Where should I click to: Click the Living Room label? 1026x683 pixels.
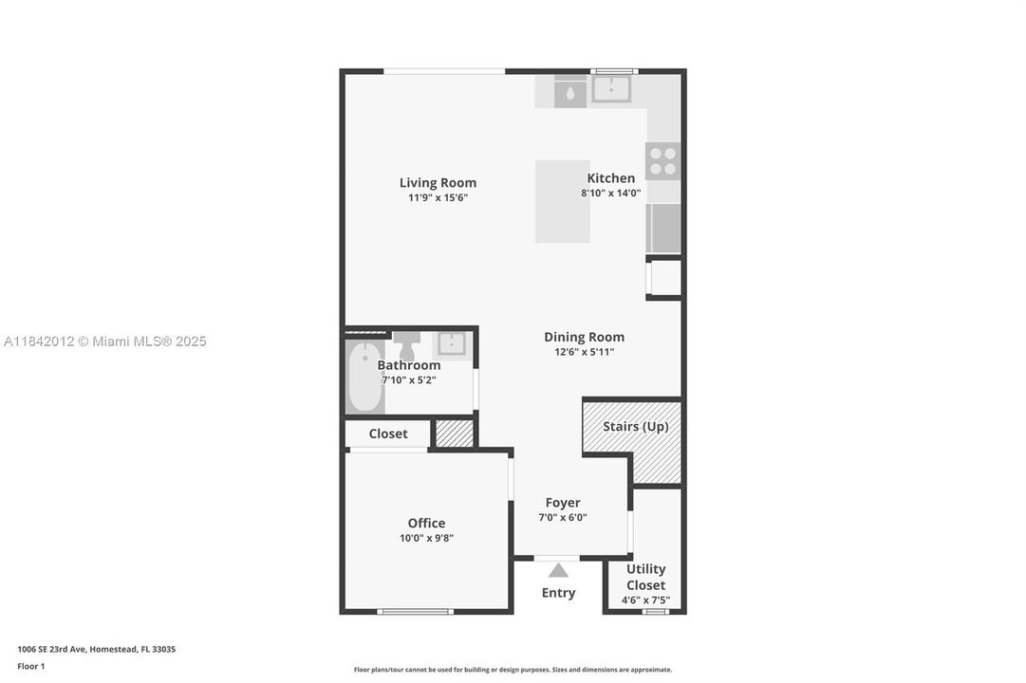point(438,183)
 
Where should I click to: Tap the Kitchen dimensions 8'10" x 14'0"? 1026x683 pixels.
point(610,194)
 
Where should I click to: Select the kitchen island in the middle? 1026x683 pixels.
point(562,201)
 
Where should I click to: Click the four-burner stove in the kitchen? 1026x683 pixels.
point(662,161)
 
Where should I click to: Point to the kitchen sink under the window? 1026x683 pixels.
point(611,89)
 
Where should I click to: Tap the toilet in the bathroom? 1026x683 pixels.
point(407,342)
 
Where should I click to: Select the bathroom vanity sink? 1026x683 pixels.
point(451,344)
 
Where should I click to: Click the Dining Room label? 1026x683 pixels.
point(584,337)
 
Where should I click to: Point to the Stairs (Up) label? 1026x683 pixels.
point(635,427)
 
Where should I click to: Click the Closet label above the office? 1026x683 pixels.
point(387,434)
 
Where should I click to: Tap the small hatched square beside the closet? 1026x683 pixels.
point(455,434)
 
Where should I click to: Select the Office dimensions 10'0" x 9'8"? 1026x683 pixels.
point(426,539)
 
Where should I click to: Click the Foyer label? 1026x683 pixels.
point(562,503)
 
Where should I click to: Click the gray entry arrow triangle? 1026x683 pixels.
point(558,570)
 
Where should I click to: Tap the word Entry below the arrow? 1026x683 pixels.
point(558,593)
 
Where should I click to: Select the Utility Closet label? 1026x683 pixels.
point(645,577)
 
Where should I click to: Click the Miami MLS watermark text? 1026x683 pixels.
point(104,341)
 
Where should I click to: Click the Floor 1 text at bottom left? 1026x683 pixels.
point(30,666)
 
